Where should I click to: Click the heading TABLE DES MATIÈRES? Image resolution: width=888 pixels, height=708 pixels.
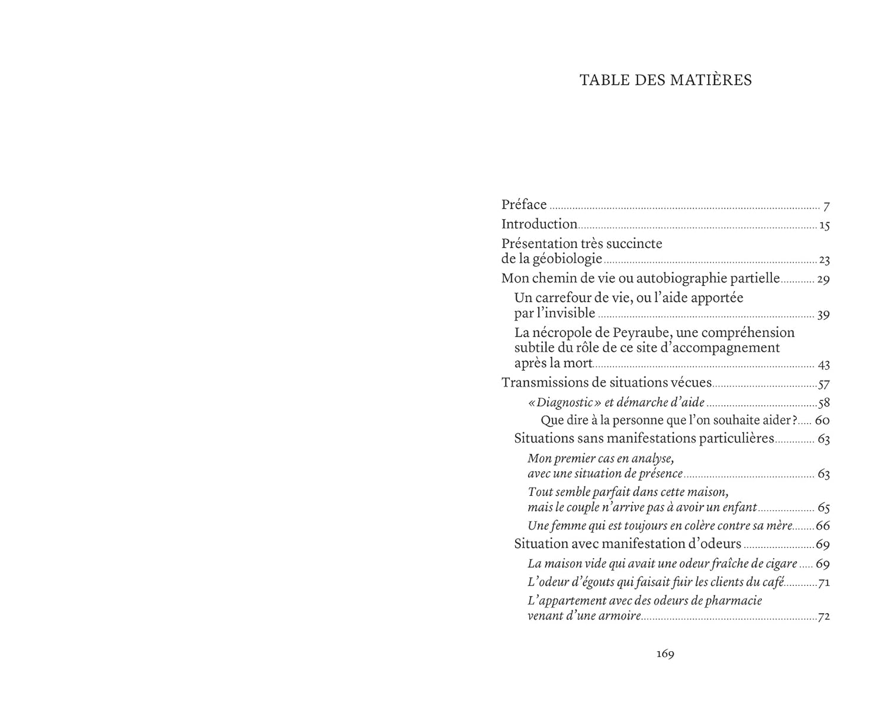click(665, 80)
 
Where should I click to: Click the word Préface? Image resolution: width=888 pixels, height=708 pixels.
click(524, 205)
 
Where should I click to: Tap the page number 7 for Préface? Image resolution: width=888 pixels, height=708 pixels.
click(826, 207)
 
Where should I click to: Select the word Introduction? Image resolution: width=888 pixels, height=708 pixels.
click(539, 224)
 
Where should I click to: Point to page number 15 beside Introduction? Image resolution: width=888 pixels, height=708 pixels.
click(824, 226)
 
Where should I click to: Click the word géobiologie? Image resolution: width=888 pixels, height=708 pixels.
click(568, 259)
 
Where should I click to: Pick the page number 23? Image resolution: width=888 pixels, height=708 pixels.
click(824, 260)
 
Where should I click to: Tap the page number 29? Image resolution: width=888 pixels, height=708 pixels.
click(823, 279)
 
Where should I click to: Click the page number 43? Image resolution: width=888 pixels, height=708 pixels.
click(823, 365)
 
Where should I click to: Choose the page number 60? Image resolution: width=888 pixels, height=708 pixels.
click(822, 421)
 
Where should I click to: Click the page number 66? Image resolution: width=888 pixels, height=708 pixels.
click(823, 526)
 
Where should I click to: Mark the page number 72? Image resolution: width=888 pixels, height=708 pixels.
click(823, 617)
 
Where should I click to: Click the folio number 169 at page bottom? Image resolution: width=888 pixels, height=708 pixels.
click(665, 654)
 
